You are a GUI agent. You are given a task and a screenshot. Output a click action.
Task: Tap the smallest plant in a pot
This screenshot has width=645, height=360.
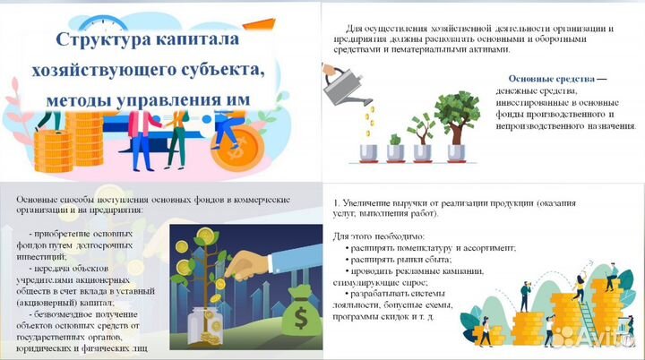point(395,143)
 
